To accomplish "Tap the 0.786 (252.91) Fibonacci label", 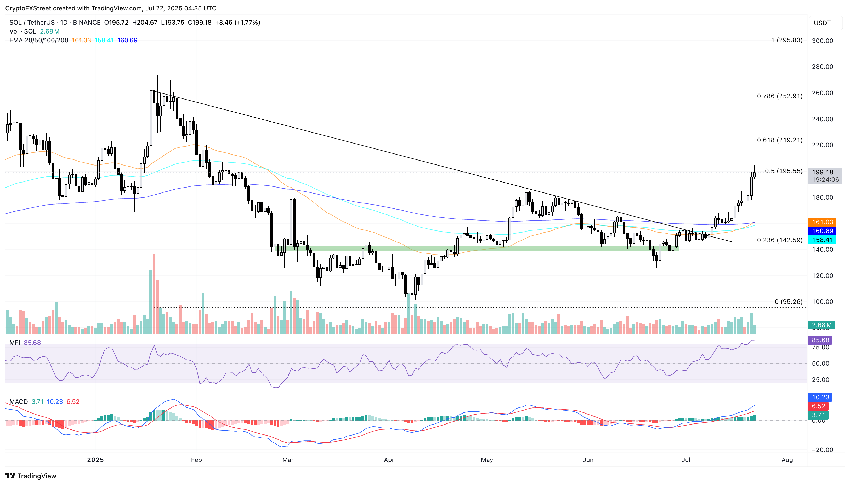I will [779, 96].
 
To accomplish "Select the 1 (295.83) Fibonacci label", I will [786, 40].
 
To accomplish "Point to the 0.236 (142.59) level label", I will [779, 240].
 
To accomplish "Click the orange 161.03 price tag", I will [822, 222].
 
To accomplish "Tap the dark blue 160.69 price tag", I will [822, 231].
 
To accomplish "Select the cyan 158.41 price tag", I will [822, 240].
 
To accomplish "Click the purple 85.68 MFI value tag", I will [820, 340].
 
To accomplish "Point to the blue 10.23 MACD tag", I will [820, 397].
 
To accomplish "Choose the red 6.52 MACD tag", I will [818, 406].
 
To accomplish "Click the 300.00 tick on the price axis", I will [822, 41].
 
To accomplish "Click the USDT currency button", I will [822, 23].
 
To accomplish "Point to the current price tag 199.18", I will [822, 172].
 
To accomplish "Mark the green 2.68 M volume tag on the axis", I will [821, 325].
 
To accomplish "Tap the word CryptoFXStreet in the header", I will [28, 8].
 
